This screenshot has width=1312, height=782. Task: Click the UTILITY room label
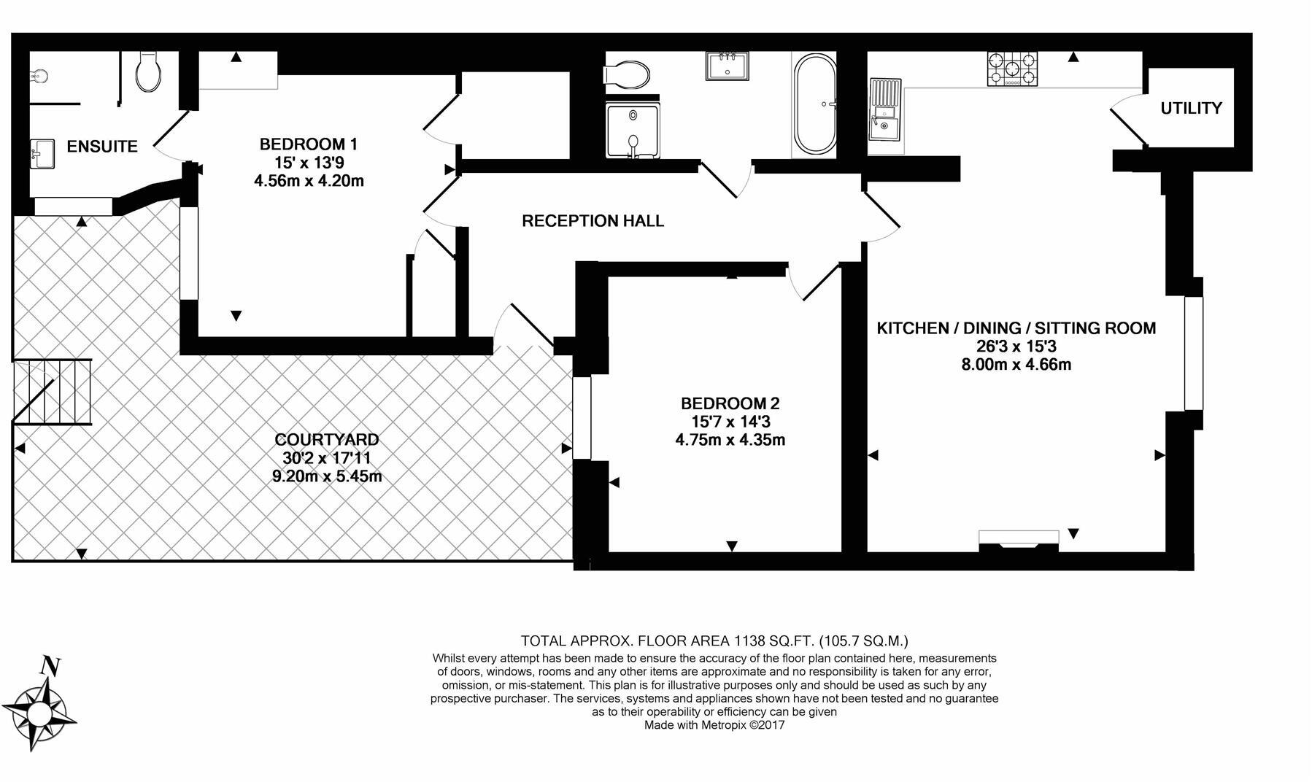[x=1191, y=109]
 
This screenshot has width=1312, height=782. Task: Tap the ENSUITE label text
[x=102, y=147]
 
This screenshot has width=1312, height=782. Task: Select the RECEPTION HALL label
[x=593, y=221]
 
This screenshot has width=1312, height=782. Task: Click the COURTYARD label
[x=326, y=440]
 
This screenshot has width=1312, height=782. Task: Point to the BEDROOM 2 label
[x=730, y=403]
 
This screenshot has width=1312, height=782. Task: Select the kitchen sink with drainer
[x=884, y=110]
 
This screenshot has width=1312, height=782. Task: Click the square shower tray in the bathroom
[x=632, y=130]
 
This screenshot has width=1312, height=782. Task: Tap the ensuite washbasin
[x=42, y=154]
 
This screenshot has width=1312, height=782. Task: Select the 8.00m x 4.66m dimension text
[x=1016, y=365]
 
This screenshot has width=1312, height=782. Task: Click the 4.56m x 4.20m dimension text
[x=308, y=181]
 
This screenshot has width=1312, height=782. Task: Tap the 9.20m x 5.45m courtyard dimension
[x=326, y=476]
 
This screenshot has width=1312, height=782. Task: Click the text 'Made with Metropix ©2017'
[x=714, y=725]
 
